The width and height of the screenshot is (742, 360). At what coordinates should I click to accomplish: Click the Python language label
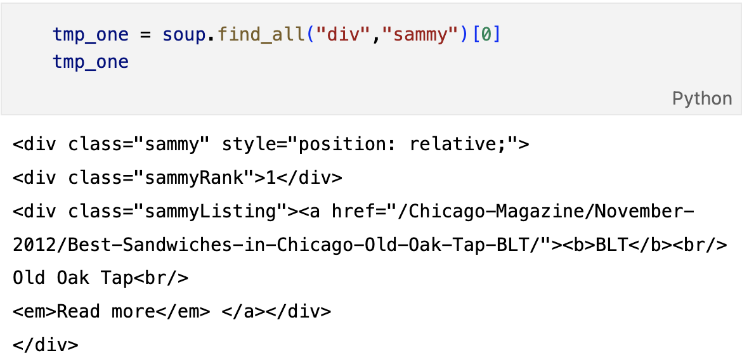point(702,99)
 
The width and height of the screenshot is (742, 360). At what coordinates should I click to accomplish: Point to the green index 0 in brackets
point(486,34)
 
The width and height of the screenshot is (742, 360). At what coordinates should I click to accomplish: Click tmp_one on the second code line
point(91,62)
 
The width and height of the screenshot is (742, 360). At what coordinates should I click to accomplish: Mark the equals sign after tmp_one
point(146,34)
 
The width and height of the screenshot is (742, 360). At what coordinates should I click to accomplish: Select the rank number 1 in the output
point(271,178)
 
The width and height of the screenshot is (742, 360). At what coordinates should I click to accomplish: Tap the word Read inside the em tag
point(80,311)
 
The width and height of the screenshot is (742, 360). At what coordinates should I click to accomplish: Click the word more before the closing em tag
point(134,311)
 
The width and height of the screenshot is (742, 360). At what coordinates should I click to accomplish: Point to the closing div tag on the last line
point(46,345)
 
